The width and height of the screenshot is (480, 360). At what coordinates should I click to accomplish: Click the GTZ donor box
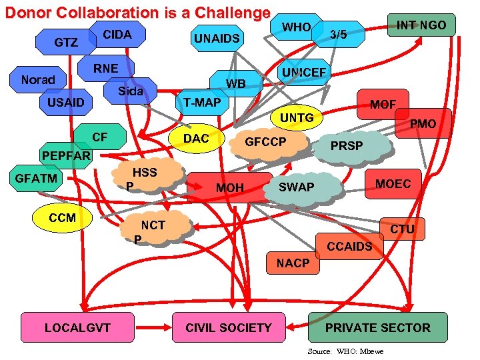65,43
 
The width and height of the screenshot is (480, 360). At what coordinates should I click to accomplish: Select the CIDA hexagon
118,34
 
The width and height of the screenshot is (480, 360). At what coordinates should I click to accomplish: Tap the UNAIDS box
217,39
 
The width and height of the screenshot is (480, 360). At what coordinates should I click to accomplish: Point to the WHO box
297,27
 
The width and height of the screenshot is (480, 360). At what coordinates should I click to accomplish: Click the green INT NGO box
421,25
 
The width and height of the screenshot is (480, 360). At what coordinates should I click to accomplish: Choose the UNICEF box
303,73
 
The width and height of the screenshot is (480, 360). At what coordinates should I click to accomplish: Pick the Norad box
38,80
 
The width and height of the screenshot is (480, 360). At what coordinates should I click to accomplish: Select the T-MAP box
202,102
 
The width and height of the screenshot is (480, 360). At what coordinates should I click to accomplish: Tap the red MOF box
383,105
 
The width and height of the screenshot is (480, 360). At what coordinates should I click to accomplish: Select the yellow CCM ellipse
63,218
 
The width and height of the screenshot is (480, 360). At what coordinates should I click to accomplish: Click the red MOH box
230,188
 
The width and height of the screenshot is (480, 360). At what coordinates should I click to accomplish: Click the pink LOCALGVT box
78,327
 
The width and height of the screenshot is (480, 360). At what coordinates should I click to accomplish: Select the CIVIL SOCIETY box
229,327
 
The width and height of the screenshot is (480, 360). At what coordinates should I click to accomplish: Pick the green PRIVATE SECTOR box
377,327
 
